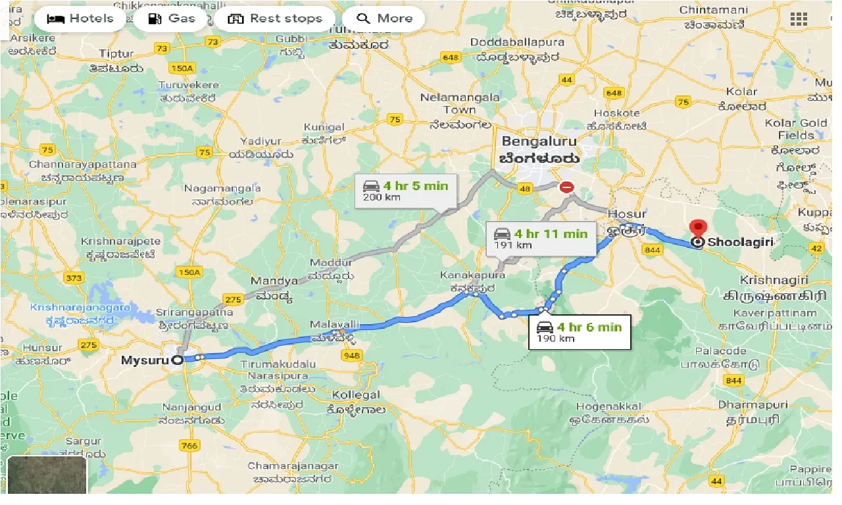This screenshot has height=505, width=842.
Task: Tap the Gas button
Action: [x=173, y=18]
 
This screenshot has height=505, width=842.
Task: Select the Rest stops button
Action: [x=274, y=18]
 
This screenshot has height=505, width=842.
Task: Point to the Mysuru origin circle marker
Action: [x=177, y=360]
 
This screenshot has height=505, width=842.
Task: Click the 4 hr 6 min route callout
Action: [x=580, y=332]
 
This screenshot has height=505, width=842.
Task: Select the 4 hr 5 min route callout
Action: [x=405, y=191]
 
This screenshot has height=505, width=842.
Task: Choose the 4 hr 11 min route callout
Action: [x=541, y=239]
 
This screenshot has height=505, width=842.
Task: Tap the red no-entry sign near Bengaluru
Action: [x=566, y=187]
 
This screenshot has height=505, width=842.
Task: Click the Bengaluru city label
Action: [x=539, y=141]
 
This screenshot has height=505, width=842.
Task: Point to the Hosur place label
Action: [x=627, y=214]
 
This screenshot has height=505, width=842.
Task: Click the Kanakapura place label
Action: [x=474, y=276]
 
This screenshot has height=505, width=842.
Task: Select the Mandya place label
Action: [x=274, y=281]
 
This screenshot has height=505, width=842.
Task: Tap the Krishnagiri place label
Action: [x=774, y=280]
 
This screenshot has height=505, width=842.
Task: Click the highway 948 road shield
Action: [x=352, y=356]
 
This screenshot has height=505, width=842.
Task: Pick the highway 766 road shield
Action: [x=189, y=446]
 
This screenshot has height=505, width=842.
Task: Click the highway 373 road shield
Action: [x=74, y=277]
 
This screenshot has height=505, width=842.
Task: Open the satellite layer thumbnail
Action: [x=47, y=475]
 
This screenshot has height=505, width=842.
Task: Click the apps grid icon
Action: [x=799, y=19]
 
